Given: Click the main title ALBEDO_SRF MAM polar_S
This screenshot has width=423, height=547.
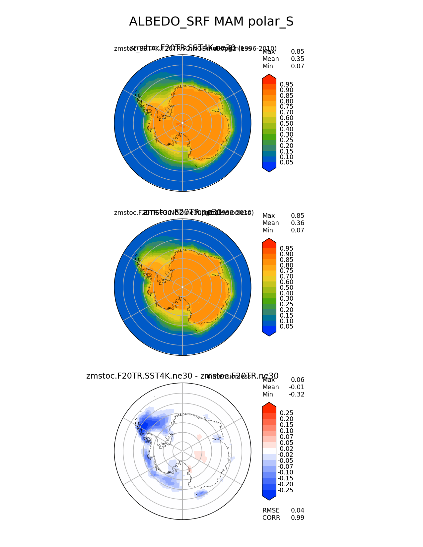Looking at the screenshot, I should point(211,22).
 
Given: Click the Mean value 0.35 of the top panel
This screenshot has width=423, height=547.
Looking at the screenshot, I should point(297,59).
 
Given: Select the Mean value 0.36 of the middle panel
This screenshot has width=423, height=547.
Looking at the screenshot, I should point(297,223).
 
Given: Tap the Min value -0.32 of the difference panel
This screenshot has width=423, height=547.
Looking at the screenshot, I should point(296,395).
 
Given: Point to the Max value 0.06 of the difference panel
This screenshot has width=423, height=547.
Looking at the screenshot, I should point(297,380).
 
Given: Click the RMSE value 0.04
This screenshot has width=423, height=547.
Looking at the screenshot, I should point(297,511).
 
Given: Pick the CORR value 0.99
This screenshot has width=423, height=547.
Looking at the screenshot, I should point(297,518).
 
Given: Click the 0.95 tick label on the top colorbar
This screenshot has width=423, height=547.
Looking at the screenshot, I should point(286,85).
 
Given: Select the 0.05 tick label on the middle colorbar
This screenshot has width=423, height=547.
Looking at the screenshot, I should point(286,327).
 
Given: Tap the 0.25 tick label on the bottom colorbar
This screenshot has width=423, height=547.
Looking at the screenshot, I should point(286,413).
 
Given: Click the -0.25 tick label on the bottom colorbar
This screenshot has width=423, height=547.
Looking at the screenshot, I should point(285,490).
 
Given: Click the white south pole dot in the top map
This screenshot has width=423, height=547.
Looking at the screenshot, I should point(182,123).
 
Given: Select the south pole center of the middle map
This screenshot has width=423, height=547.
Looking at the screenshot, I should point(182,287).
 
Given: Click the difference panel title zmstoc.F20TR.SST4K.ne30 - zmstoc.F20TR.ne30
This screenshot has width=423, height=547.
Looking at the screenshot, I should point(182,376).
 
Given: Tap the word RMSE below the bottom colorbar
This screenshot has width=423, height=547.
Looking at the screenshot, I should point(271,511).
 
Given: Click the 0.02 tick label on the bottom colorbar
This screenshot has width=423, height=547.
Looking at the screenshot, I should point(286,449).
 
